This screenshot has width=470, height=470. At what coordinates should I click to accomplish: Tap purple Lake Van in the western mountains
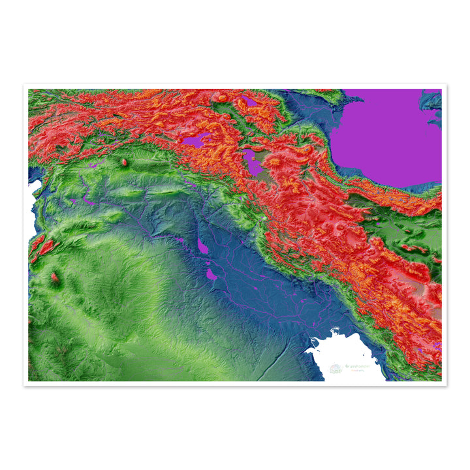tap(196, 140)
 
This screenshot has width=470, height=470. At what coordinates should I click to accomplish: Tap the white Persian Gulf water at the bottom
tap(346, 356)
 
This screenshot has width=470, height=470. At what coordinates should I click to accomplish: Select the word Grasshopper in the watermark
tap(357, 367)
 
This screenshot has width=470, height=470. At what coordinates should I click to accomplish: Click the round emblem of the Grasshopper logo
tap(336, 369)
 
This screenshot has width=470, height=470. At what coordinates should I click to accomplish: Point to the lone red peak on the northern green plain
tap(124, 161)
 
